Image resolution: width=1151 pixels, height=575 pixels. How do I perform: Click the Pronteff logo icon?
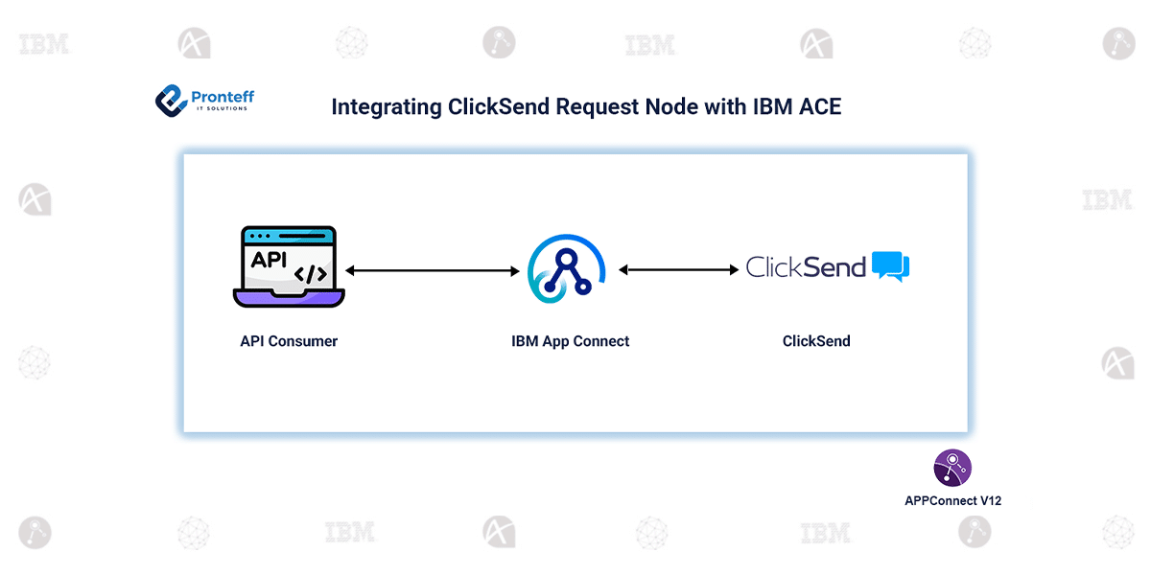pyautogui.click(x=170, y=100)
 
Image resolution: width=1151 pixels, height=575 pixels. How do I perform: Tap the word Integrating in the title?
pyautogui.click(x=387, y=107)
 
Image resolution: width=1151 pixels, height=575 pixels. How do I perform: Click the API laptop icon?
pyautogui.click(x=289, y=267)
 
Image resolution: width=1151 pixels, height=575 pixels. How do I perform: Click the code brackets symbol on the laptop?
pyautogui.click(x=311, y=274)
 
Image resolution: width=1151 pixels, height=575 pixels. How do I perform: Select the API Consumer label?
pyautogui.click(x=289, y=341)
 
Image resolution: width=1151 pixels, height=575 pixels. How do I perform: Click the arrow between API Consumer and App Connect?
pyautogui.click(x=432, y=271)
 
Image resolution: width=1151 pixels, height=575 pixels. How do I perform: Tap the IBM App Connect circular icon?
pyautogui.click(x=567, y=270)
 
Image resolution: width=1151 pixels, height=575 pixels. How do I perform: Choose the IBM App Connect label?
pyautogui.click(x=571, y=341)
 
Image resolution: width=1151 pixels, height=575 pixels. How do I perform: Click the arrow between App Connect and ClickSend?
pyautogui.click(x=679, y=270)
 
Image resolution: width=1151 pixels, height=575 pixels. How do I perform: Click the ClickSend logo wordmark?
pyautogui.click(x=806, y=267)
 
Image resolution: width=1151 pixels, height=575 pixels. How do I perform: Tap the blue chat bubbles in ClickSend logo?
pyautogui.click(x=891, y=266)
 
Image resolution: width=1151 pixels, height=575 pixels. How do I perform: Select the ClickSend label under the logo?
pyautogui.click(x=816, y=341)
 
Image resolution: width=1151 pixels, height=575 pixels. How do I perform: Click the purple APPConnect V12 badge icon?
pyautogui.click(x=952, y=468)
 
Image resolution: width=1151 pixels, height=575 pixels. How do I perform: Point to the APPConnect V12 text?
pyautogui.click(x=953, y=500)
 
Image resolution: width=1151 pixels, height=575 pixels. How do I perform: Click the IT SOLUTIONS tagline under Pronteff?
pyautogui.click(x=222, y=108)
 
